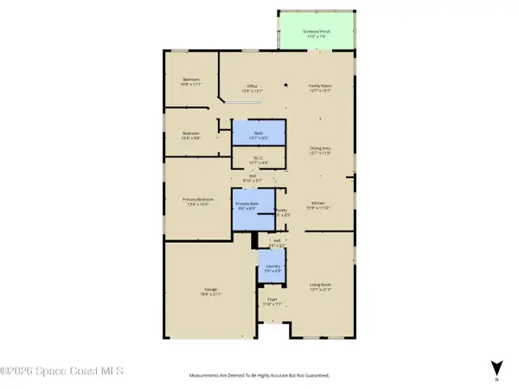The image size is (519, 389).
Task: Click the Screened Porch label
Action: pyautogui.click(x=316, y=34)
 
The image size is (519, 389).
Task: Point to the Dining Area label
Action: pyautogui.click(x=321, y=150)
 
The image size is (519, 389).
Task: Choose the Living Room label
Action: pyautogui.click(x=321, y=287)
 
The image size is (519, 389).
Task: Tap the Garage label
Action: pyautogui.click(x=211, y=290)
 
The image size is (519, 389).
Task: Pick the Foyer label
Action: pyautogui.click(x=272, y=303)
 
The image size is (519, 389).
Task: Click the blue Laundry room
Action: pyautogui.click(x=272, y=267)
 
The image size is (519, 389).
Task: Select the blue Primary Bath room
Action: pyautogui.click(x=247, y=208)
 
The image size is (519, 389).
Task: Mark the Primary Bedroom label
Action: pyautogui.click(x=197, y=201)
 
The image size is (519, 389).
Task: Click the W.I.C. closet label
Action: pyautogui.click(x=259, y=159)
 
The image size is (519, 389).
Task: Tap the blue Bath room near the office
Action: pyautogui.click(x=259, y=135)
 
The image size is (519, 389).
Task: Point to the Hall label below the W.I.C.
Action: pyautogui.click(x=253, y=178)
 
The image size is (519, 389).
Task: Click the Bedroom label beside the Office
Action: pyautogui.click(x=191, y=82)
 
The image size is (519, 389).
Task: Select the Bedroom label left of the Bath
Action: pyautogui.click(x=191, y=134)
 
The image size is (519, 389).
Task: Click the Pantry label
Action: pyautogui.click(x=282, y=212)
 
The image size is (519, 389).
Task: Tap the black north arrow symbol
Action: pyautogui.click(x=497, y=367)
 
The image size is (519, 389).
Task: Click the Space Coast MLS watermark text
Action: pyautogui.click(x=62, y=371)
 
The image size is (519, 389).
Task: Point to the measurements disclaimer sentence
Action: pyautogui.click(x=259, y=375)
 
